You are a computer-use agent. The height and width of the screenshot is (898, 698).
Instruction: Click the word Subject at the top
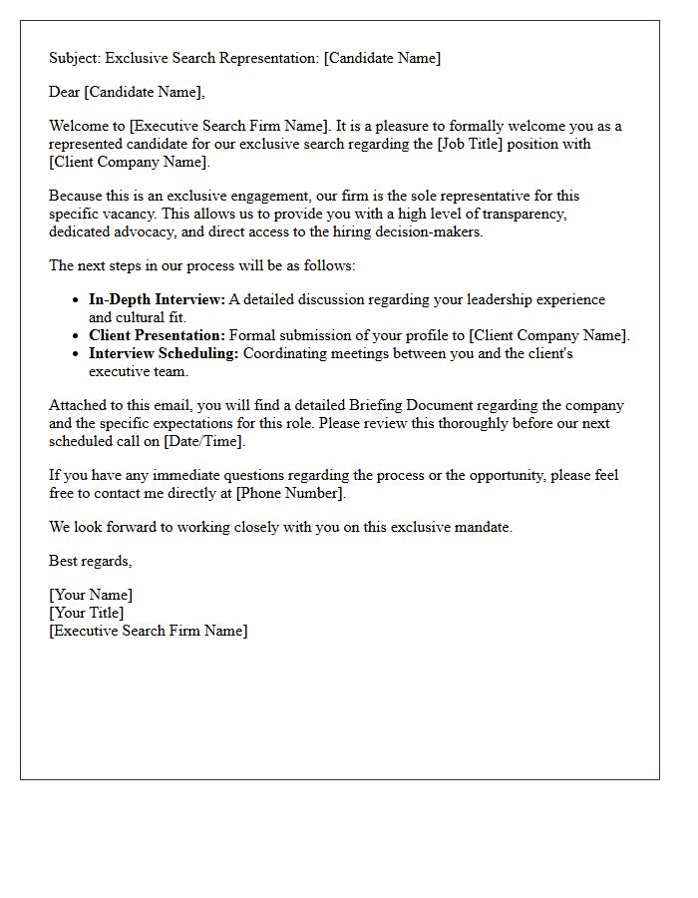pyautogui.click(x=75, y=58)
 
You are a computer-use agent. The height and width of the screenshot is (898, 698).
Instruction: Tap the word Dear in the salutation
pyautogui.click(x=65, y=92)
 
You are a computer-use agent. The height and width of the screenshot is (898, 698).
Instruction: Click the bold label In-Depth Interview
pyautogui.click(x=157, y=299)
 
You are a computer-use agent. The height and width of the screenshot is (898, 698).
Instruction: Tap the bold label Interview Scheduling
pyautogui.click(x=164, y=353)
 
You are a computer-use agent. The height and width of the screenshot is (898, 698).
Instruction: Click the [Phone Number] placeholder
pyautogui.click(x=290, y=493)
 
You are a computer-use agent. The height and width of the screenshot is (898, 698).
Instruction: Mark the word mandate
pyautogui.click(x=483, y=527)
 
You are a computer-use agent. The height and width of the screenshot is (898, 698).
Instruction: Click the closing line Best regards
pyautogui.click(x=90, y=561)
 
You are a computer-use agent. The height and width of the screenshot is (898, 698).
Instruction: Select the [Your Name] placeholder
pyautogui.click(x=91, y=595)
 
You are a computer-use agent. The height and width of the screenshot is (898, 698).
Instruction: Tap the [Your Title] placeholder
pyautogui.click(x=87, y=613)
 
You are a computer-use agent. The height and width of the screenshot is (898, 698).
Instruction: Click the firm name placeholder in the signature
pyautogui.click(x=148, y=631)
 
